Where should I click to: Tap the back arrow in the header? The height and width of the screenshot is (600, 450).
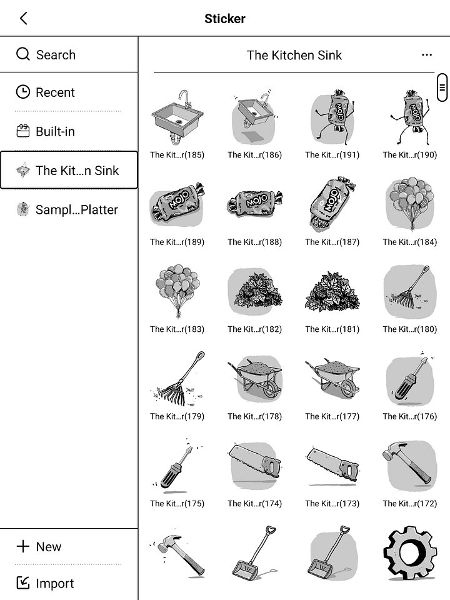coord(24,18)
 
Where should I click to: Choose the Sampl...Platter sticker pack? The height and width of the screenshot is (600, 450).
coord(67,210)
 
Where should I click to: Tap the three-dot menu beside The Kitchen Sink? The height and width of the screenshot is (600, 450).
coord(427,55)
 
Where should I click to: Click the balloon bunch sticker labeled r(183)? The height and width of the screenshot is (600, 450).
coord(177,291)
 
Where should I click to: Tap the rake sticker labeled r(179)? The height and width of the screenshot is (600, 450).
coord(177,377)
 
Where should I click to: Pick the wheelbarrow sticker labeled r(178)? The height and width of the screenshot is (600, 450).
coord(254,377)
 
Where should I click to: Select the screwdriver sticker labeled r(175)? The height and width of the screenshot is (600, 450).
coord(177,465)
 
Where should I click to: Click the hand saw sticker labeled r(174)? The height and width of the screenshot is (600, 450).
coord(254,465)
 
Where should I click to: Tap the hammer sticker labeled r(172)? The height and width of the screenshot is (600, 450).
coord(409,465)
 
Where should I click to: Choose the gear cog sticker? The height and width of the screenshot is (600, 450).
coord(409,552)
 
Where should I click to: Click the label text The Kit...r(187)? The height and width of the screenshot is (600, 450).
coord(332,242)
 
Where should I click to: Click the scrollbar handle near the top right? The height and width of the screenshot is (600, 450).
coord(442,87)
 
